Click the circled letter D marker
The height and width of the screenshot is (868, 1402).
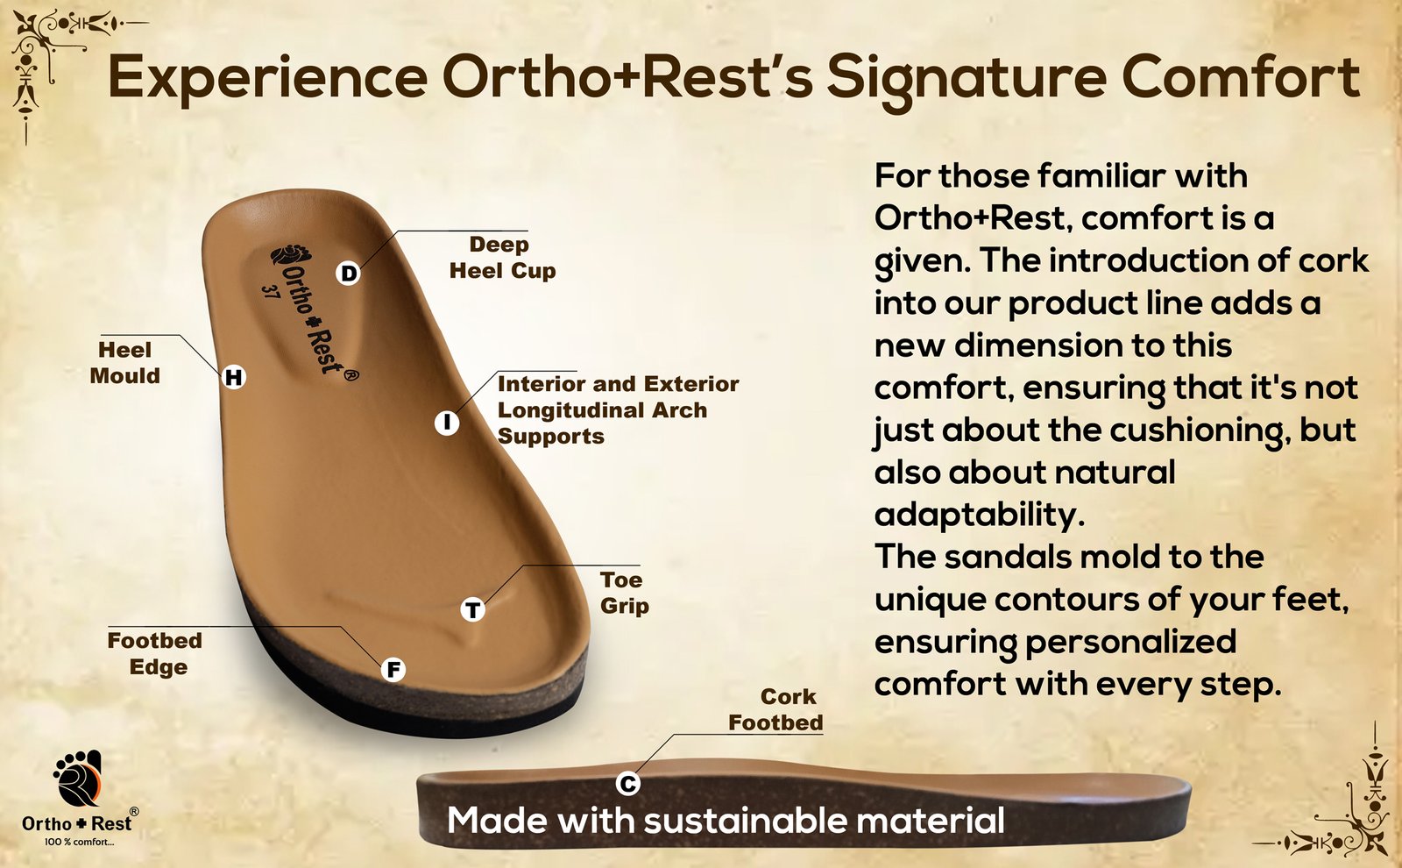348,273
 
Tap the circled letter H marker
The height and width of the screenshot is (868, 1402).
234,377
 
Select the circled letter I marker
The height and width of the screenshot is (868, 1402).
447,423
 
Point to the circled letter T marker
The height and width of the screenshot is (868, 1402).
473,609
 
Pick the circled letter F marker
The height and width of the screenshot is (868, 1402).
393,670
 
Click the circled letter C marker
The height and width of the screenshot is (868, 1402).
627,783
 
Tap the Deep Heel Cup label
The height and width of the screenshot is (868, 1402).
503,258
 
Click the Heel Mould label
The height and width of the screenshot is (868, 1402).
125,363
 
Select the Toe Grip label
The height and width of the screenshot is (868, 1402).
624,593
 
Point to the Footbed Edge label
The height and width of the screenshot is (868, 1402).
155,653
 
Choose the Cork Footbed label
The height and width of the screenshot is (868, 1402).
776,709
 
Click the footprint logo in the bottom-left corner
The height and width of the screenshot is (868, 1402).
78,778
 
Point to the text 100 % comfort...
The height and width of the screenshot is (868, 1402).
80,843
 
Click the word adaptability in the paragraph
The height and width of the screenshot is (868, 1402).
979,516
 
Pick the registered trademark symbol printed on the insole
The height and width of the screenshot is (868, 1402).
351,375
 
